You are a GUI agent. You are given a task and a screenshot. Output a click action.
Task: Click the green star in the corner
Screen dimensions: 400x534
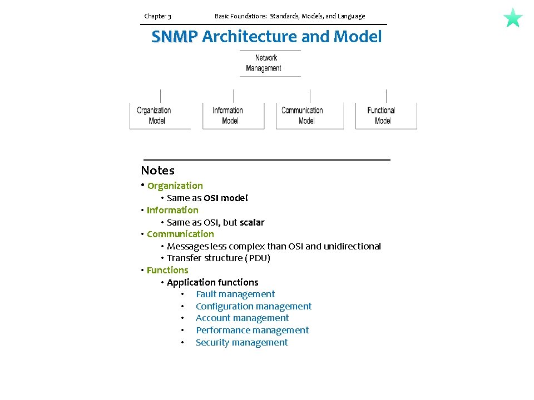click(513, 18)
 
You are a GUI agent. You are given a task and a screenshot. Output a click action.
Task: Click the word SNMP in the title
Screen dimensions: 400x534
click(174, 37)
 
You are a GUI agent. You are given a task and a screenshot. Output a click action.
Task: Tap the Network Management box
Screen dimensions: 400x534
click(270, 63)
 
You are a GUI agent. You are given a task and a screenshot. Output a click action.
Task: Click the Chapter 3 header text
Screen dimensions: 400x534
click(157, 16)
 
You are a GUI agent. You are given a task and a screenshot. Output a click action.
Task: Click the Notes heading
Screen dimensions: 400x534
click(157, 171)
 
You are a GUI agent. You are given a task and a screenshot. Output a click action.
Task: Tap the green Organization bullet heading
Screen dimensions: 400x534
click(175, 186)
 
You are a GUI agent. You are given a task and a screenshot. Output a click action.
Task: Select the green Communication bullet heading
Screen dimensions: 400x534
click(180, 234)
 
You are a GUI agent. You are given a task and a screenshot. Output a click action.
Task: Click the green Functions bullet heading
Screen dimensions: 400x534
click(167, 270)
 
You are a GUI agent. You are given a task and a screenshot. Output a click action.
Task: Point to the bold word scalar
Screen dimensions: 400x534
click(252, 222)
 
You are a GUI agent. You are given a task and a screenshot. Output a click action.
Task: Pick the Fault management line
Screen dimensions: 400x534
click(235, 294)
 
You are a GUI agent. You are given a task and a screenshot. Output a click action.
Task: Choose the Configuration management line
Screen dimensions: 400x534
click(253, 306)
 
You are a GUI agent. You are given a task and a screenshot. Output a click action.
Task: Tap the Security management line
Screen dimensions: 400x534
click(241, 342)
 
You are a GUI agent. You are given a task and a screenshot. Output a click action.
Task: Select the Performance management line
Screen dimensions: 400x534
click(252, 330)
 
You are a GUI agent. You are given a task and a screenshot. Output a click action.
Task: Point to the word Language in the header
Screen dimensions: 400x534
click(350, 16)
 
